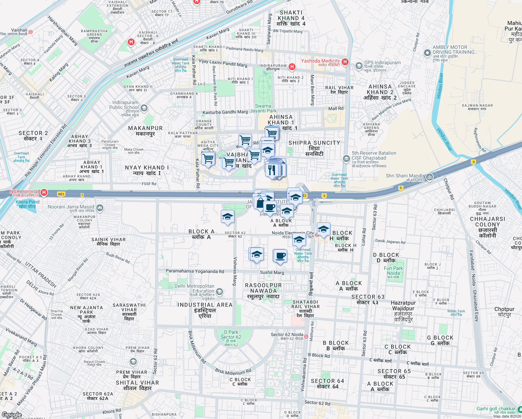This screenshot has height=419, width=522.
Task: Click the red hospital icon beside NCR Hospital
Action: pos(44,192)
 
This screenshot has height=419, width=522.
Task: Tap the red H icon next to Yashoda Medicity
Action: pos(345,62)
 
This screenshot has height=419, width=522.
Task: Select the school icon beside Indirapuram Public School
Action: pos(144,108)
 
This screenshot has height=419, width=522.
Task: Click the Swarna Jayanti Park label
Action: pos(263,108)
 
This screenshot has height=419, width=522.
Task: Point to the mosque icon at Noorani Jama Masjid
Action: pos(100,208)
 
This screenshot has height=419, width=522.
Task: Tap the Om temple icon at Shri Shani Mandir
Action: pos(429,177)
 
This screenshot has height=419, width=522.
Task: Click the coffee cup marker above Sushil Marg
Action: pos(280,256)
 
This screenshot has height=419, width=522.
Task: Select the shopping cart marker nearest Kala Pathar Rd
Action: pos(208,159)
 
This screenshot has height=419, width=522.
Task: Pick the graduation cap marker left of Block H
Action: pos(323,229)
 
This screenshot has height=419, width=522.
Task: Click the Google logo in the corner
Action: pos(12,415)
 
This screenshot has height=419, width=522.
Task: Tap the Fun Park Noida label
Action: pos(393,271)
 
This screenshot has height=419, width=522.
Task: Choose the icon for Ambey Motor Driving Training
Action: pos(427,53)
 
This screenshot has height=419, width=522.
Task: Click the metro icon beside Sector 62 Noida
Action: pos(306,336)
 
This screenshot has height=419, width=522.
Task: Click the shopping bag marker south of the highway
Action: pos(260,202)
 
